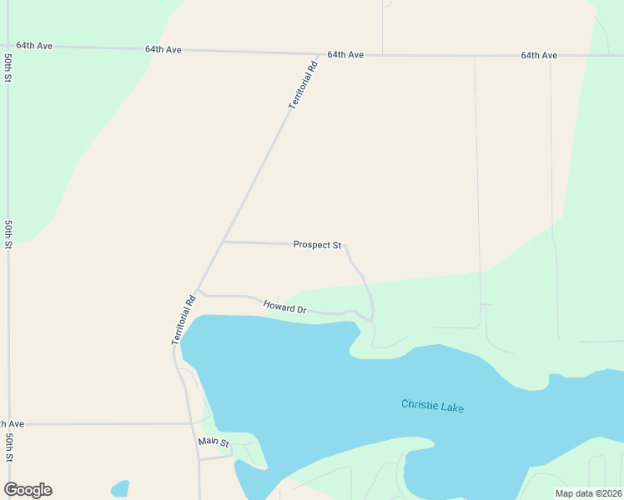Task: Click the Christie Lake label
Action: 432,406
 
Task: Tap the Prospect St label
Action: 317,245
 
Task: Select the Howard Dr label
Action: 285,307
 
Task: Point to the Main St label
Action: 214,442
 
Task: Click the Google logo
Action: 28,490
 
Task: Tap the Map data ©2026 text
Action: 588,493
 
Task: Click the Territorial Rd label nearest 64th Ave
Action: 303,84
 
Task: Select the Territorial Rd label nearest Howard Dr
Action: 184,320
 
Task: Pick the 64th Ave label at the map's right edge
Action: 539,55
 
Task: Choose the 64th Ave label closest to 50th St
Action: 34,45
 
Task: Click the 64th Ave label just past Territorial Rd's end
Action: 345,54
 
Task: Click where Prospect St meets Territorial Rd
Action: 224,242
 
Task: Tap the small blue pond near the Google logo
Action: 120,488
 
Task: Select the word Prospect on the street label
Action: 311,245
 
